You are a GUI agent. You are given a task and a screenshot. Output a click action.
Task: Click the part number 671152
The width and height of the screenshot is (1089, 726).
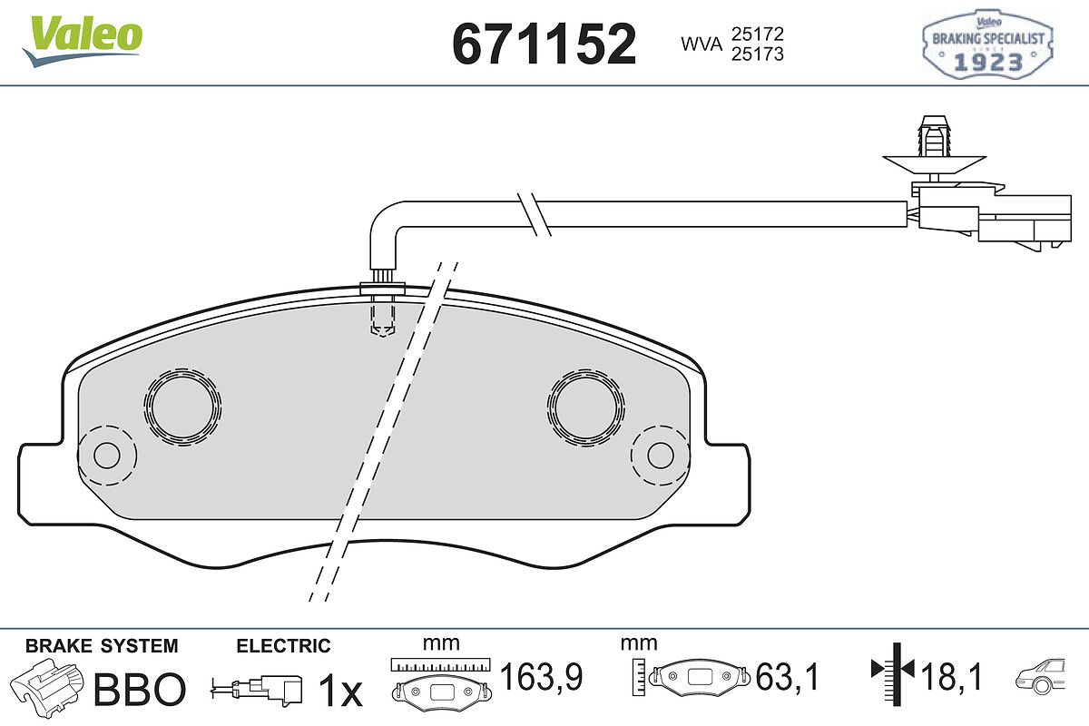point(544,44)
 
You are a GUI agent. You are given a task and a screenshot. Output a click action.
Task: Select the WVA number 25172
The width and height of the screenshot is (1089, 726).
point(758,34)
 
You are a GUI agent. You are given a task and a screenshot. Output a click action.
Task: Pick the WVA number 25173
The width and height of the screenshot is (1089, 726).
point(758,54)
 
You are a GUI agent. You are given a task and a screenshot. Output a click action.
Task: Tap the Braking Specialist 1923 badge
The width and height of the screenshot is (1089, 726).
point(988,44)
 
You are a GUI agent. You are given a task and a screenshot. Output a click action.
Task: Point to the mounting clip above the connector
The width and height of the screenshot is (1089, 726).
point(935,148)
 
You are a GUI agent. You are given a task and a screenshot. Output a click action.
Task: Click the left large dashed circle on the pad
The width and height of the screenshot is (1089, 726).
point(182,407)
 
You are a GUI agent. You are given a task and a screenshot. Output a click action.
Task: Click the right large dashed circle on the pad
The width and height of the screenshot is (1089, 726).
point(586,407)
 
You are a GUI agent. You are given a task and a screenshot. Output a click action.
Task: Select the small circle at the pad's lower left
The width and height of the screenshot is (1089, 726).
point(107,456)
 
